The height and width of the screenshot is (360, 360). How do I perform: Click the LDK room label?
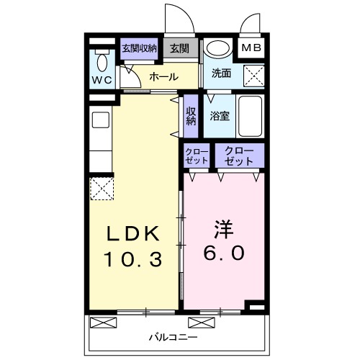click(x=133, y=235)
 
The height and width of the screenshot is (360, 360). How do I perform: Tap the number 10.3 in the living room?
click(x=133, y=257)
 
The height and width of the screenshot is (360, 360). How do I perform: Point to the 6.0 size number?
click(x=223, y=253)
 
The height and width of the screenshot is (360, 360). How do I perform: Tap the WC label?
click(x=102, y=80)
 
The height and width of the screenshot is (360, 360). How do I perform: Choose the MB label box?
click(x=251, y=48)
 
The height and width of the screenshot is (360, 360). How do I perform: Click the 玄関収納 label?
click(x=139, y=48)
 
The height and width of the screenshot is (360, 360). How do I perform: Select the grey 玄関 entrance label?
click(x=180, y=48)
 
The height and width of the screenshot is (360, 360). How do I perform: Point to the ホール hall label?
click(x=163, y=76)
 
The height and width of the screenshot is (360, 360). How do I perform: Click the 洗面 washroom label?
click(x=221, y=73)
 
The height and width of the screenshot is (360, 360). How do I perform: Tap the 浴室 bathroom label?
click(x=220, y=115)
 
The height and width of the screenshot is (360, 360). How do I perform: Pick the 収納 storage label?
click(x=191, y=117)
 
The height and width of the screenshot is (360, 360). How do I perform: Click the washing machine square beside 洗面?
click(x=253, y=74)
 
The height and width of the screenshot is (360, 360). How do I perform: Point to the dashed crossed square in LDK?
click(x=102, y=190)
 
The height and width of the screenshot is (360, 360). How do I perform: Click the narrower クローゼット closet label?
click(x=197, y=156)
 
